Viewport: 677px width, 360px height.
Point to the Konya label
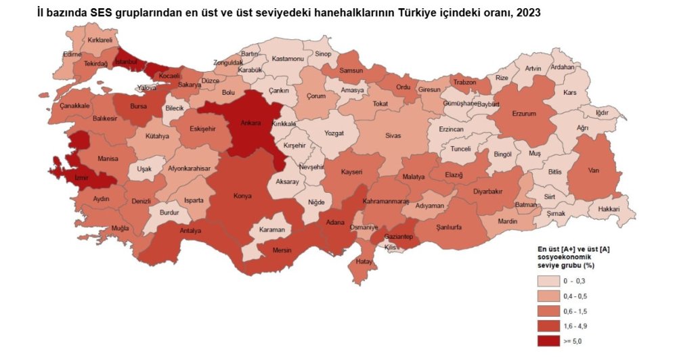[x=242, y=196]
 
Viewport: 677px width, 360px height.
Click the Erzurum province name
[x=525, y=114]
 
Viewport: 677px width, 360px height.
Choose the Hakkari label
[x=609, y=209]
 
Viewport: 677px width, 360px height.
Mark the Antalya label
[x=192, y=231]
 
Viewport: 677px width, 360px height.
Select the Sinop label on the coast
[x=324, y=53]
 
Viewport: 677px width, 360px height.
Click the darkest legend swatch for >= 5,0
[x=549, y=341]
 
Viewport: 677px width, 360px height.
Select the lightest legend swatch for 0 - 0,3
[x=549, y=280]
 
